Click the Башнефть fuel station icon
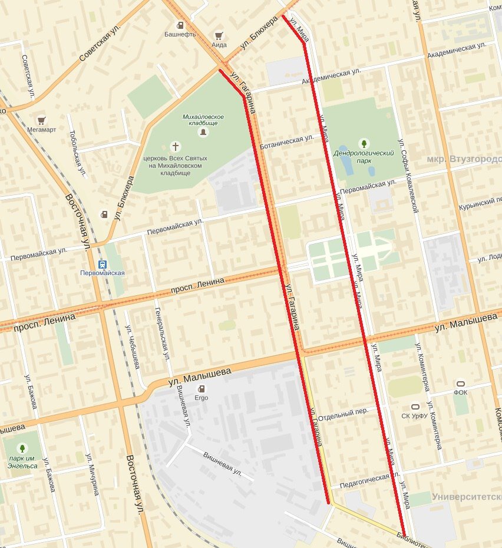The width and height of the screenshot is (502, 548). click(x=180, y=25)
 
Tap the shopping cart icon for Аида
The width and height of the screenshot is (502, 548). click(x=219, y=35)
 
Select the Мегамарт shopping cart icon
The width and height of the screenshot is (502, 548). click(x=41, y=121)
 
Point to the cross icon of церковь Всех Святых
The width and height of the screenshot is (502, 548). click(x=175, y=146)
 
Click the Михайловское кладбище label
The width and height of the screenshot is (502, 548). click(x=200, y=120)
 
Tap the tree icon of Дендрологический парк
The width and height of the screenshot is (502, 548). click(x=364, y=143)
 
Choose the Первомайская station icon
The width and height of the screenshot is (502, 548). click(x=103, y=264)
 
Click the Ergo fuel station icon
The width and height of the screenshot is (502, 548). click(x=202, y=388)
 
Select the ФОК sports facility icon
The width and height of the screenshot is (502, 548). click(x=461, y=384)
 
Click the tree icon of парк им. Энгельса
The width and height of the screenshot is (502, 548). click(x=22, y=449)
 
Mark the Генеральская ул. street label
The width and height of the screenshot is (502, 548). click(x=162, y=334)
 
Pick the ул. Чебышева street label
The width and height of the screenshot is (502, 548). click(x=132, y=348)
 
